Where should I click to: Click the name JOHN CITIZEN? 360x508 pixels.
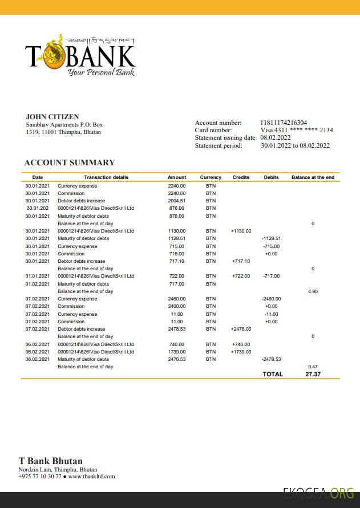pos(52,117)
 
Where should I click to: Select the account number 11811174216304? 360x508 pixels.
pos(284,123)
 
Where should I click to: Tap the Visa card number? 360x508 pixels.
pos(297,130)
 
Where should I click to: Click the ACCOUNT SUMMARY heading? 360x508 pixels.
pos(70,162)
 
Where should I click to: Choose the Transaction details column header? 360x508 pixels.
pos(106,177)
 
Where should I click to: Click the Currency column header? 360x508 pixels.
pos(211,177)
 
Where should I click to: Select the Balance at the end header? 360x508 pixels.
pos(313,177)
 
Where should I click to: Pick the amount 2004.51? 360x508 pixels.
pos(177,201)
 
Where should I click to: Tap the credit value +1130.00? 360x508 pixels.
pos(241,231)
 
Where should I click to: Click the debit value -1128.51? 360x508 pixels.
pos(271,238)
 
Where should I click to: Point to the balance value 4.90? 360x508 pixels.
pos(313,291)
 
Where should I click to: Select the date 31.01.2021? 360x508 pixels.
pos(38,276)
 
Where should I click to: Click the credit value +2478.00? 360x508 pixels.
pos(241,329)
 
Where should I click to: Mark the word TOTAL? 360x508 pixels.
pos(272,374)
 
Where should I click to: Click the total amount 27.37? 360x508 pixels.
pos(313,374)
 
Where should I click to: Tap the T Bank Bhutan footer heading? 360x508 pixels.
pos(51,461)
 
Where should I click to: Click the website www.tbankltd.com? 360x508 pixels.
pos(91,476)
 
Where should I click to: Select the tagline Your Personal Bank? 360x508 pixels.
pos(100,72)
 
